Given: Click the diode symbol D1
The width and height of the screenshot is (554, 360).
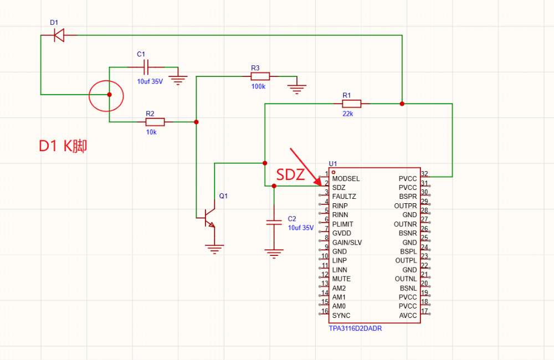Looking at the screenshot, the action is tap(59, 35).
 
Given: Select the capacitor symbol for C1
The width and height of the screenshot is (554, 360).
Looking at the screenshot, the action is tap(146, 67).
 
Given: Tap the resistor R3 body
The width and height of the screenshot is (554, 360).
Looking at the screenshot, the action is tap(260, 76).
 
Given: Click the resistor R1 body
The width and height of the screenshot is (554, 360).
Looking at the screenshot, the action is tap(352, 104).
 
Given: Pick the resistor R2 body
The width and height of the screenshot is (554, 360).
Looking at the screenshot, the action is tap(155, 122).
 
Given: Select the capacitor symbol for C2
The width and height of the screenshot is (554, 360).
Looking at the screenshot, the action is tap(274, 222).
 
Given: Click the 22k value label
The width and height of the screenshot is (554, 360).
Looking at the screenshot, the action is tap(348, 114).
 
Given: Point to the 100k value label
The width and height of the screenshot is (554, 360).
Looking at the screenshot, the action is tap(258, 86).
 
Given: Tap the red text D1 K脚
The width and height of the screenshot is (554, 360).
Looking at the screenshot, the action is tap(63, 146).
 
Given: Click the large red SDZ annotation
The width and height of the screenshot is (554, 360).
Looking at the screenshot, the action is tap(290, 174).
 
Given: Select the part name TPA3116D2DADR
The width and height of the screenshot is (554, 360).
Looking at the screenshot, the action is tap(355, 328).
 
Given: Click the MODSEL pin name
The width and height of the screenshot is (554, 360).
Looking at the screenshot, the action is tap(346, 179).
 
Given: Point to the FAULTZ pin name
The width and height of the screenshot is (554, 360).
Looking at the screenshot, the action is tap(344, 197).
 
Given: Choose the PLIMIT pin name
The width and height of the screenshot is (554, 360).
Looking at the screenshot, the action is tap(343, 224).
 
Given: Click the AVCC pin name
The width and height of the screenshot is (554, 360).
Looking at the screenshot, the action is tap(408, 316).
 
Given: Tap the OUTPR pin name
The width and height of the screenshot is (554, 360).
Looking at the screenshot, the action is tap(406, 206).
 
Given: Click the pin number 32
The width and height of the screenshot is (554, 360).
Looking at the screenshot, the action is tap(424, 173).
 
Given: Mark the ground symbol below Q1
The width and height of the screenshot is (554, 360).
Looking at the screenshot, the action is tap(214, 249).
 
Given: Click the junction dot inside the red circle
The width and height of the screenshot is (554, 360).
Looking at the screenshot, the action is tap(110, 95).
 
